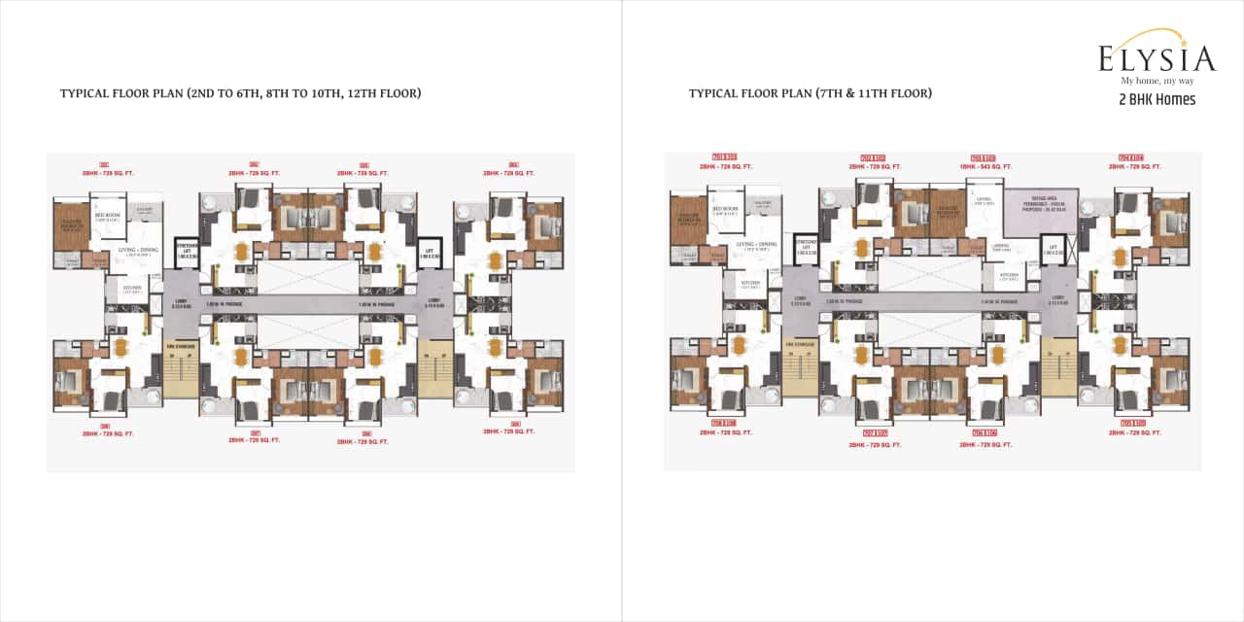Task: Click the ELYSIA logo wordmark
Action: (x=1157, y=58)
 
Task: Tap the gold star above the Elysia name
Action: (x=1185, y=35)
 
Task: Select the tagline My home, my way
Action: (x=1157, y=81)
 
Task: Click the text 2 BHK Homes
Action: (x=1157, y=99)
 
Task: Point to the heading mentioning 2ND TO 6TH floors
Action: (x=240, y=93)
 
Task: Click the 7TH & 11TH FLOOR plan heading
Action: (x=810, y=93)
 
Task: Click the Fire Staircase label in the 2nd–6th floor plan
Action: (x=181, y=345)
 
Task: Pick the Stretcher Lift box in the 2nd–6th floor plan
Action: (x=186, y=248)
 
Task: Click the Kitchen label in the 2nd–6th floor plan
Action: (x=131, y=289)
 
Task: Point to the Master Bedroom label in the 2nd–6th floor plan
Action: (x=72, y=225)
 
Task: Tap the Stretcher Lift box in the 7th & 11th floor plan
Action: (x=804, y=244)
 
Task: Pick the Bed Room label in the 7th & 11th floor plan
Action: (x=724, y=209)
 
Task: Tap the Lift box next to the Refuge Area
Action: (x=1052, y=251)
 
